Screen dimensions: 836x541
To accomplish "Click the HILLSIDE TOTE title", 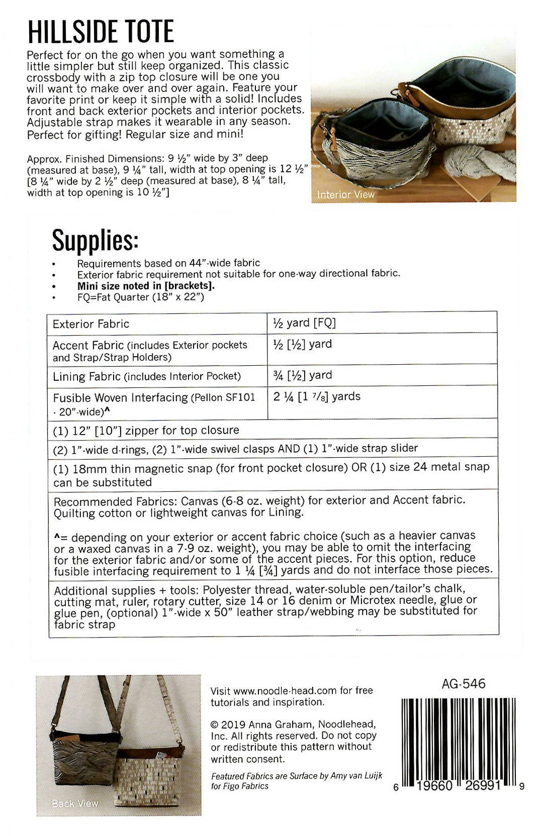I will (101, 32).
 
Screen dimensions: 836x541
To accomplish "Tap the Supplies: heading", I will (95, 240).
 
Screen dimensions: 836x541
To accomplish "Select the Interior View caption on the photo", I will (345, 194).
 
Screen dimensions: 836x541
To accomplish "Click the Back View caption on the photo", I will (75, 803).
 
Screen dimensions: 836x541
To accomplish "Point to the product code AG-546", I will (463, 683).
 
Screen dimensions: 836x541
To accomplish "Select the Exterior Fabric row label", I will (91, 324).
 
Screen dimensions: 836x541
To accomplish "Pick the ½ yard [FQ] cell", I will (304, 323).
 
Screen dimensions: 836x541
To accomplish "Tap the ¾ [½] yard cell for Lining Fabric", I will (302, 375).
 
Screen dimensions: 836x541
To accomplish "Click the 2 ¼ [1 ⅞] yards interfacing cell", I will (317, 396).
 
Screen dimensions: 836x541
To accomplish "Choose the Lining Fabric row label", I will (86, 376).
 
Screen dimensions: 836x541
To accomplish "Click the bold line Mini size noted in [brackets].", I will (146, 286).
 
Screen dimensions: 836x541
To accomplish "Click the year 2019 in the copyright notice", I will (233, 724).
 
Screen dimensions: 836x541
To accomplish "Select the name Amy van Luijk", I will (356, 776).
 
